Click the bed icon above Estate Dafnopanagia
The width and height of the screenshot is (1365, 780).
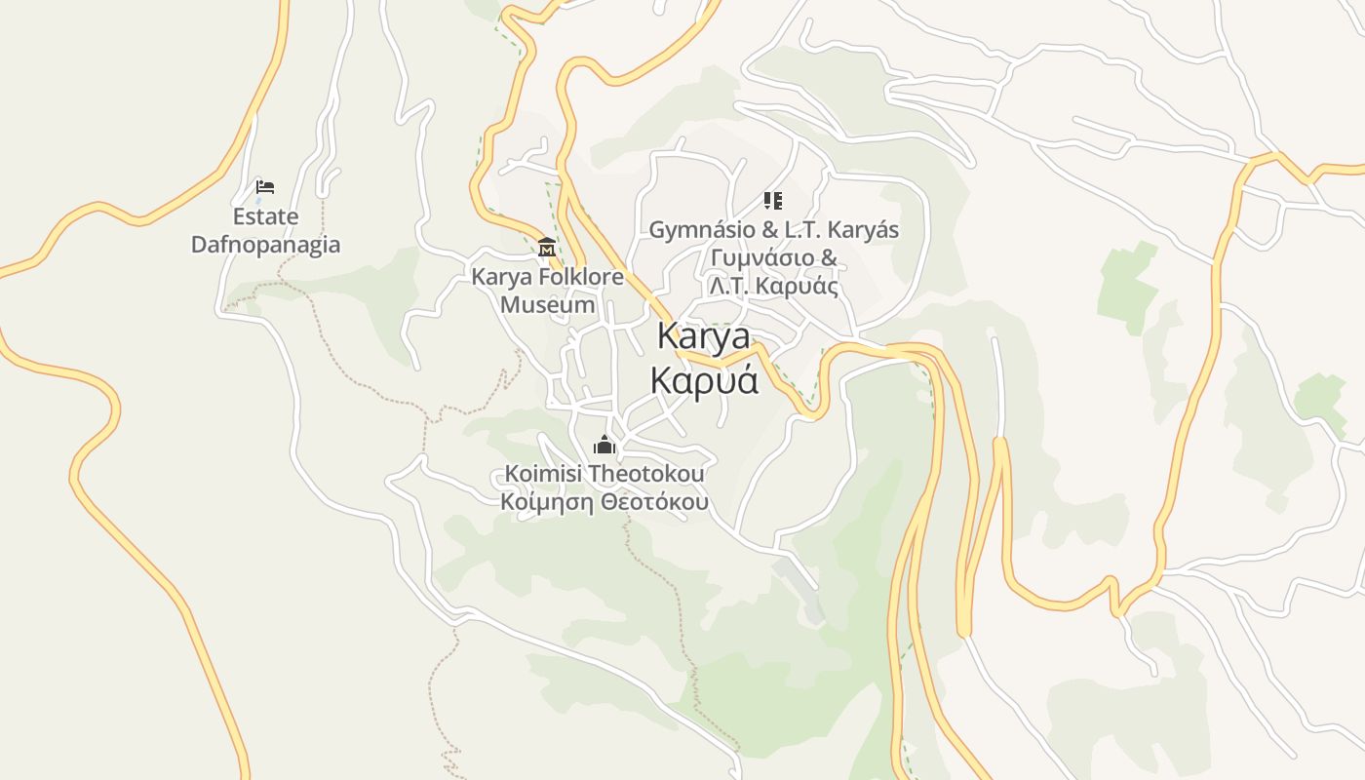pyautogui.click(x=264, y=186)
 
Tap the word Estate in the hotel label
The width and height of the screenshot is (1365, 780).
pyautogui.click(x=265, y=216)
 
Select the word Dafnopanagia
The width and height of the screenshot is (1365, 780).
pyautogui.click(x=265, y=244)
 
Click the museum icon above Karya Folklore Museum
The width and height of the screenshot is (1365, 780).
pyautogui.click(x=546, y=248)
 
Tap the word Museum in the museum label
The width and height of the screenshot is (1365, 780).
pyautogui.click(x=547, y=304)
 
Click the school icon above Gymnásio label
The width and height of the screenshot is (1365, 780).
pyautogui.click(x=772, y=201)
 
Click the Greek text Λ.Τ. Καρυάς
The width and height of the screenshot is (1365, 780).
pyautogui.click(x=773, y=287)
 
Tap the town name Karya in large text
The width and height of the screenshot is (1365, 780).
pyautogui.click(x=703, y=336)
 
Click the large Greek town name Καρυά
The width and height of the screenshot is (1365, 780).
pyautogui.click(x=703, y=379)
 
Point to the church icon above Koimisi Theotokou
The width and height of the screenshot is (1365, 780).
pyautogui.click(x=604, y=446)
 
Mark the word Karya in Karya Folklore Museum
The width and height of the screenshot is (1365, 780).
pyautogui.click(x=500, y=277)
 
